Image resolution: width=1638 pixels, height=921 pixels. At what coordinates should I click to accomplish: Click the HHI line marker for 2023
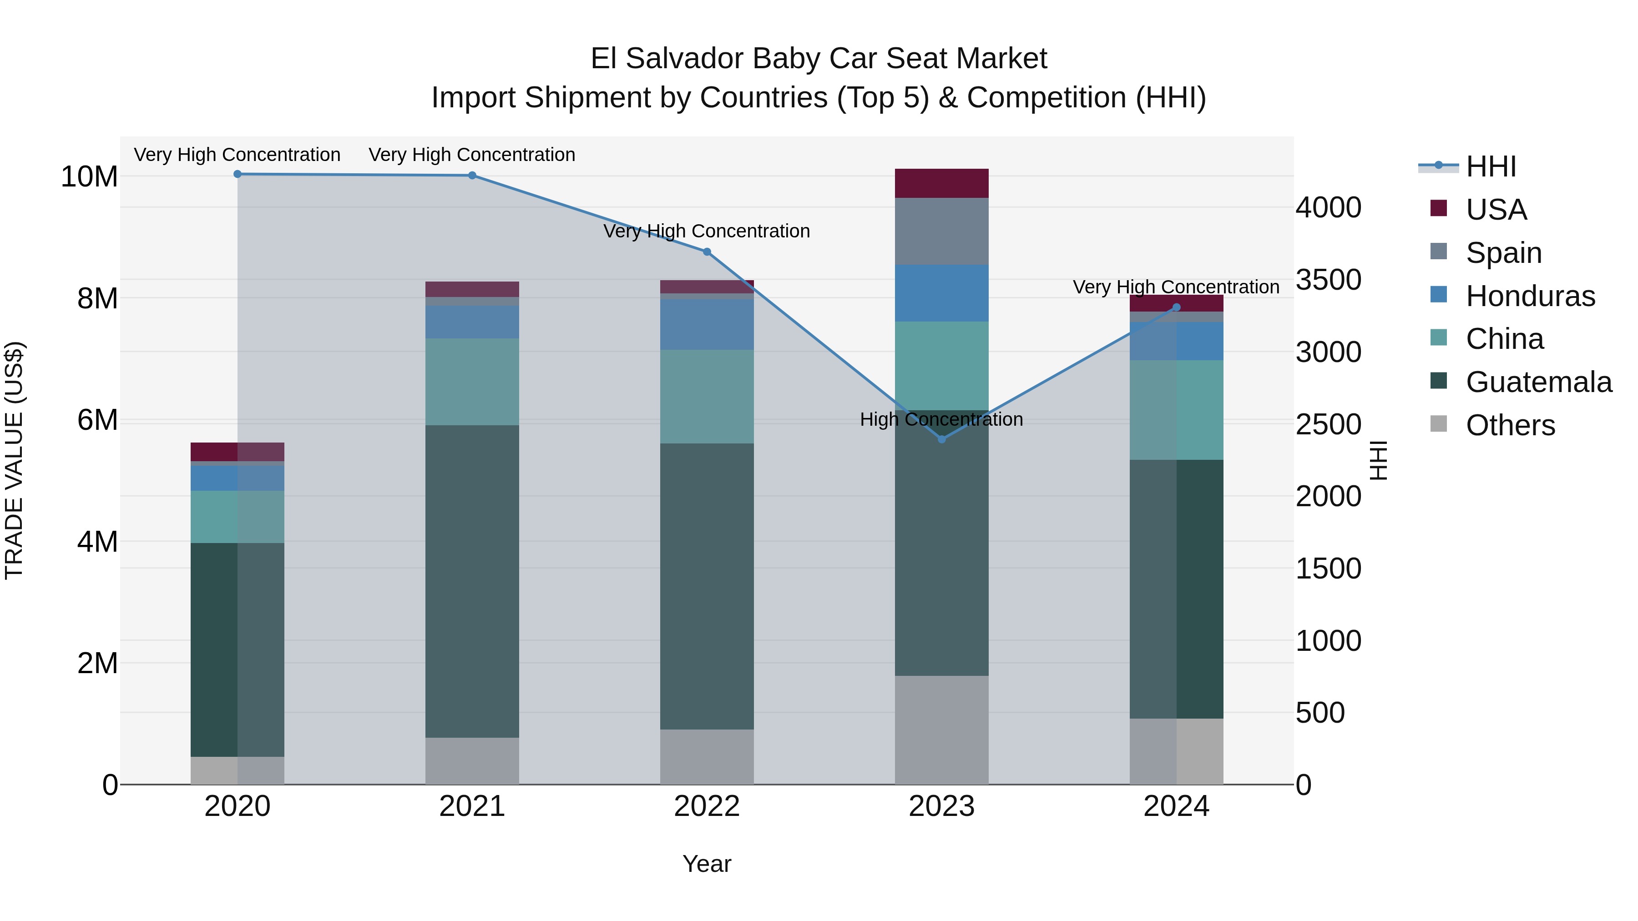click(942, 439)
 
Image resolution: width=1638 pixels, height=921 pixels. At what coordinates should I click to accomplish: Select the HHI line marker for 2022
click(707, 252)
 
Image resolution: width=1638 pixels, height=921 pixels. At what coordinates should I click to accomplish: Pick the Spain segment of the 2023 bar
click(942, 232)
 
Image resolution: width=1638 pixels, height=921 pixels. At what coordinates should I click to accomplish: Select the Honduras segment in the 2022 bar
click(707, 324)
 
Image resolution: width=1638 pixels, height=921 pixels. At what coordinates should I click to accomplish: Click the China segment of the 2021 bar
click(472, 382)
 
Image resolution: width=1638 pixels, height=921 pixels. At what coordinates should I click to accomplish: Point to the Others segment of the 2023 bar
click(942, 730)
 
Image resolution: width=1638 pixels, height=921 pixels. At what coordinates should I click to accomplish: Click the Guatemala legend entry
click(1539, 382)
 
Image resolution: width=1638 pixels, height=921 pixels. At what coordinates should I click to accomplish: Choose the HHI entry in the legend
click(1491, 166)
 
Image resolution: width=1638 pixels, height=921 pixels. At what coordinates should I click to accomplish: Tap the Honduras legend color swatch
click(1438, 295)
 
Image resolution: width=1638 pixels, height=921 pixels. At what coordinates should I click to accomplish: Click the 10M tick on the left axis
click(89, 177)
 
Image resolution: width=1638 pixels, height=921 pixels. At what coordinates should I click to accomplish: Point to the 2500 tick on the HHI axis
click(1328, 425)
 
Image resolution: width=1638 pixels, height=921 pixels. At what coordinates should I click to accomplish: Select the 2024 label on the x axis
click(1176, 806)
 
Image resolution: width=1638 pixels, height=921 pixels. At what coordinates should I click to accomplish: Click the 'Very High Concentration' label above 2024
click(1176, 287)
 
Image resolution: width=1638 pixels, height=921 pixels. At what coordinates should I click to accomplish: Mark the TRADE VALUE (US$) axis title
click(14, 460)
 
